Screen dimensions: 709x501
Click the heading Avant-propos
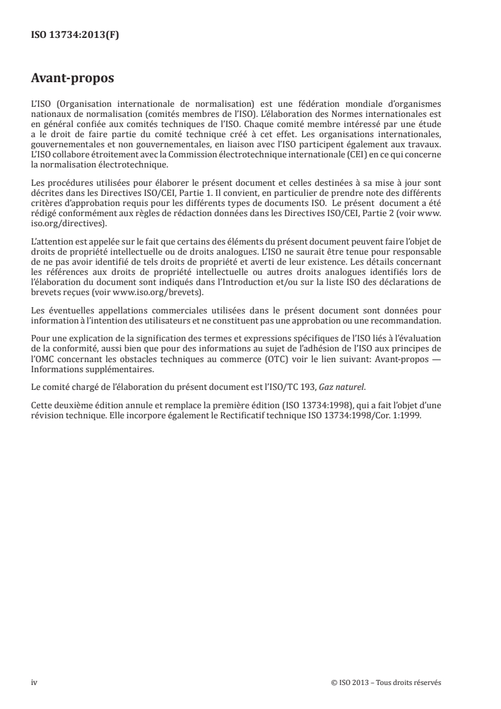point(73,80)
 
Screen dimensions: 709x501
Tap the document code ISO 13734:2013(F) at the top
point(75,35)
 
